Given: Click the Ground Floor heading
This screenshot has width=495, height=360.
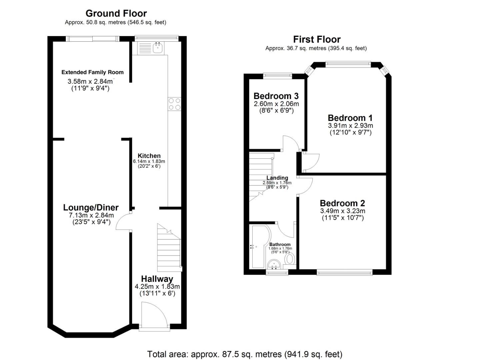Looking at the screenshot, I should coord(116,13).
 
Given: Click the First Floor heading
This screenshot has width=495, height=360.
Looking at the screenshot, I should coord(317,39).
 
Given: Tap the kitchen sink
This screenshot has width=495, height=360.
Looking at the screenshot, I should coord(158,48).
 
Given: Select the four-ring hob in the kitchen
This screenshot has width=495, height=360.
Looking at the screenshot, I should coord(174,104).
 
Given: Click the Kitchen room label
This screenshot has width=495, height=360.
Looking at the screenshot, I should coord(149,156).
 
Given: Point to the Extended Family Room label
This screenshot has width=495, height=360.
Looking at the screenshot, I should coord(92,72).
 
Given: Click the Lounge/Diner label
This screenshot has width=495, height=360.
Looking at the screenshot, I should coord(91,208).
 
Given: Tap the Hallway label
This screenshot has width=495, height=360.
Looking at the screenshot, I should coord(157,279).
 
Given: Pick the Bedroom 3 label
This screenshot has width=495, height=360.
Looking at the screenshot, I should coord(276,96).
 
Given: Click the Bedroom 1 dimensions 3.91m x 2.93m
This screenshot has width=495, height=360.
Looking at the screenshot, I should coord(350,126).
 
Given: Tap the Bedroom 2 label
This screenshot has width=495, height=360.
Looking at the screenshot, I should coord(342,203).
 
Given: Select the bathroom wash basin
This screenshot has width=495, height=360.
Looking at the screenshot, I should coord(274,264).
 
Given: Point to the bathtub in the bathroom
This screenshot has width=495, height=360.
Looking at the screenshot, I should coord(259,247).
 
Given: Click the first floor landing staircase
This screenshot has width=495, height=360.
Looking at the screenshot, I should coord(261,177).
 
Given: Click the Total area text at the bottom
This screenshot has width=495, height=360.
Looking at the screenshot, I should coord(245,354).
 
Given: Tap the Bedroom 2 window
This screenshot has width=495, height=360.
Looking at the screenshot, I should coord(344,273).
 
